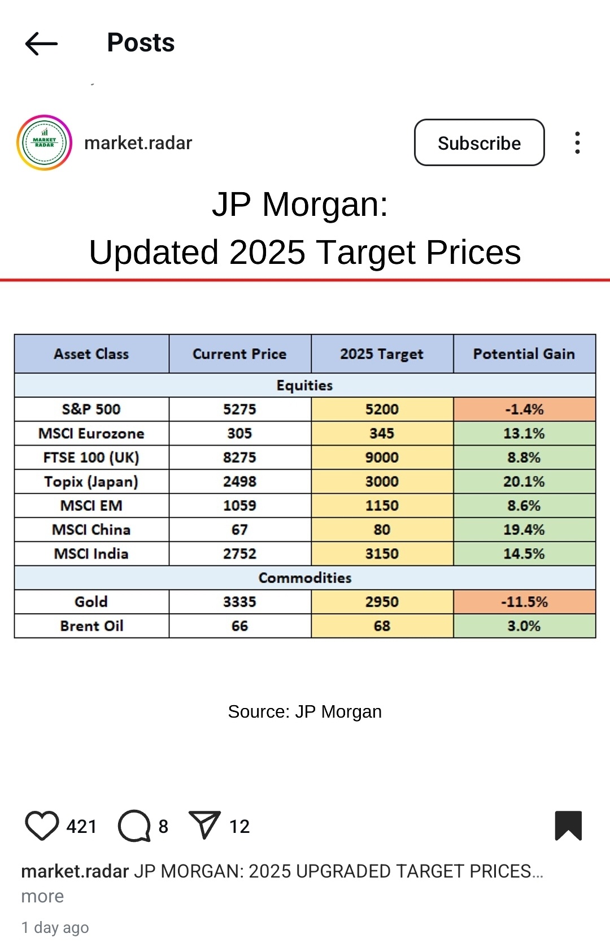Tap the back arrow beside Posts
[x=41, y=44]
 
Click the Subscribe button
[x=479, y=143]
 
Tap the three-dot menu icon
[x=577, y=143]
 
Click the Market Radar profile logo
[x=45, y=143]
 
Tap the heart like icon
[x=42, y=826]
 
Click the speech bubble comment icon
[x=134, y=826]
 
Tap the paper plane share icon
[x=204, y=826]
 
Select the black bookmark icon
[x=568, y=826]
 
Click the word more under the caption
[x=42, y=896]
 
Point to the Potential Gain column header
[x=524, y=354]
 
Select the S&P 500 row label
[x=91, y=409]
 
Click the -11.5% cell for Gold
[x=524, y=602]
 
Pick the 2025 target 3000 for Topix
[x=382, y=481]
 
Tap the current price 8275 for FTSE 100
[x=239, y=457]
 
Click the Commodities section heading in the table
[x=305, y=577]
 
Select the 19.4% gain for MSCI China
[x=524, y=529]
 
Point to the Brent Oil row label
[x=91, y=626]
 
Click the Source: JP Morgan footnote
[x=305, y=711]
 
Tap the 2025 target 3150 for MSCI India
[x=382, y=554]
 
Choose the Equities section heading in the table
[x=305, y=385]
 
